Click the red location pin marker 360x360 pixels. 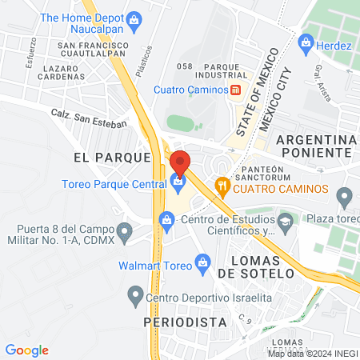coord(180,163)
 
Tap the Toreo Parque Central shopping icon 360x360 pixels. coord(177,183)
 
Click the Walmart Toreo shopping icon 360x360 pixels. coord(202,262)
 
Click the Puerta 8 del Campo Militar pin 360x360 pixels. coord(124,233)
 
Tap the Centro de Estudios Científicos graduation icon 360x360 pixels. coord(285,220)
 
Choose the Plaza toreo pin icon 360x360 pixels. coord(345,195)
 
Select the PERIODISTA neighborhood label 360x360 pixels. coord(180,322)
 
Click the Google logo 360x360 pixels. coord(27,350)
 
